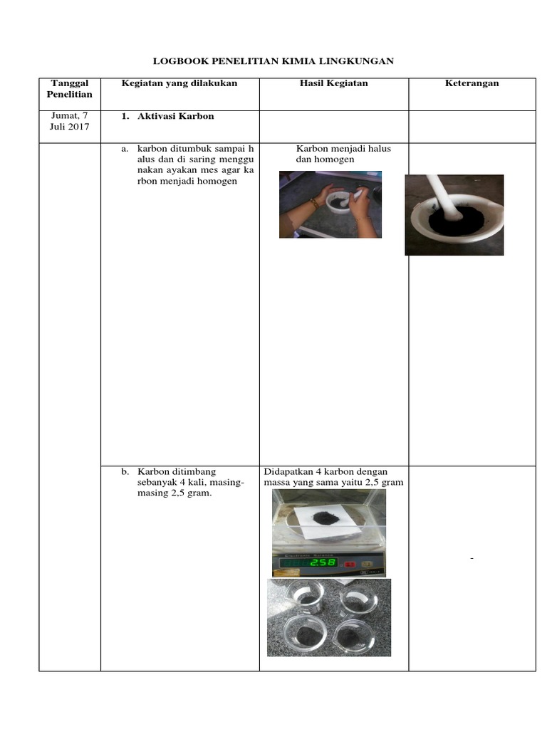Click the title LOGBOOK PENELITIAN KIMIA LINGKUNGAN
pyautogui.click(x=273, y=61)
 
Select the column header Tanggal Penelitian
pyautogui.click(x=69, y=88)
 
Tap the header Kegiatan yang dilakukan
pyautogui.click(x=179, y=83)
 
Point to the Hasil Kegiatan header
pyautogui.click(x=333, y=83)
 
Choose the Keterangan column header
pyautogui.click(x=472, y=83)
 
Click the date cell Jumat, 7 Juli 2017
pyautogui.click(x=69, y=121)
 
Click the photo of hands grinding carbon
pyautogui.click(x=330, y=204)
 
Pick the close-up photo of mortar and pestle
pyautogui.click(x=454, y=215)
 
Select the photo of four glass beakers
pyautogui.click(x=329, y=617)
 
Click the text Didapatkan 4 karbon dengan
pyautogui.click(x=325, y=471)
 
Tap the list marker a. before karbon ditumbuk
pyautogui.click(x=125, y=148)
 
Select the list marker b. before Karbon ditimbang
pyautogui.click(x=125, y=471)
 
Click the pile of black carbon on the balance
pyautogui.click(x=327, y=518)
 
